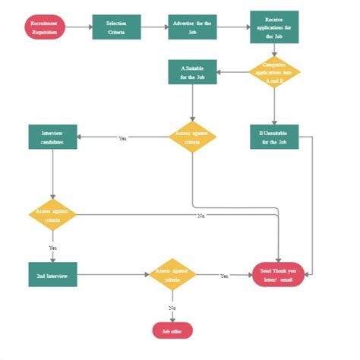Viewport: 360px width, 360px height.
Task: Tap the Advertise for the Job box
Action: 192,28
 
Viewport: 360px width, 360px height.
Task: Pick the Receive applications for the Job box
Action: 274,27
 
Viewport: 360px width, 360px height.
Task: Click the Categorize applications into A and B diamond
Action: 274,73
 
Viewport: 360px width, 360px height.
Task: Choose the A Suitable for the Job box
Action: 192,73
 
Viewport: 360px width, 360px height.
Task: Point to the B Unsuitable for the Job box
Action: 274,137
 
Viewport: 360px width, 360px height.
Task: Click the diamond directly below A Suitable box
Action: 192,137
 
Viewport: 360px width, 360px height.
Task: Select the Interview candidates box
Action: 52,137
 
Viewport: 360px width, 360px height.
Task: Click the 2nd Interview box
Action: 52,275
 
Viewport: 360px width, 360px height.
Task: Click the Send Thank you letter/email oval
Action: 278,275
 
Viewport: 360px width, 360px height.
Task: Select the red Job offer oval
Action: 172,330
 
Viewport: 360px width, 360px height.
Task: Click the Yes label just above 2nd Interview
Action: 52,248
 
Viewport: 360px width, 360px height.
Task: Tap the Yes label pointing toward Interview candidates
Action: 123,137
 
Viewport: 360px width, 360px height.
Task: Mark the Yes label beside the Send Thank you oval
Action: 224,276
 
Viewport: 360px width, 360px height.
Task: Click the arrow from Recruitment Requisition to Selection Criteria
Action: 79,28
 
